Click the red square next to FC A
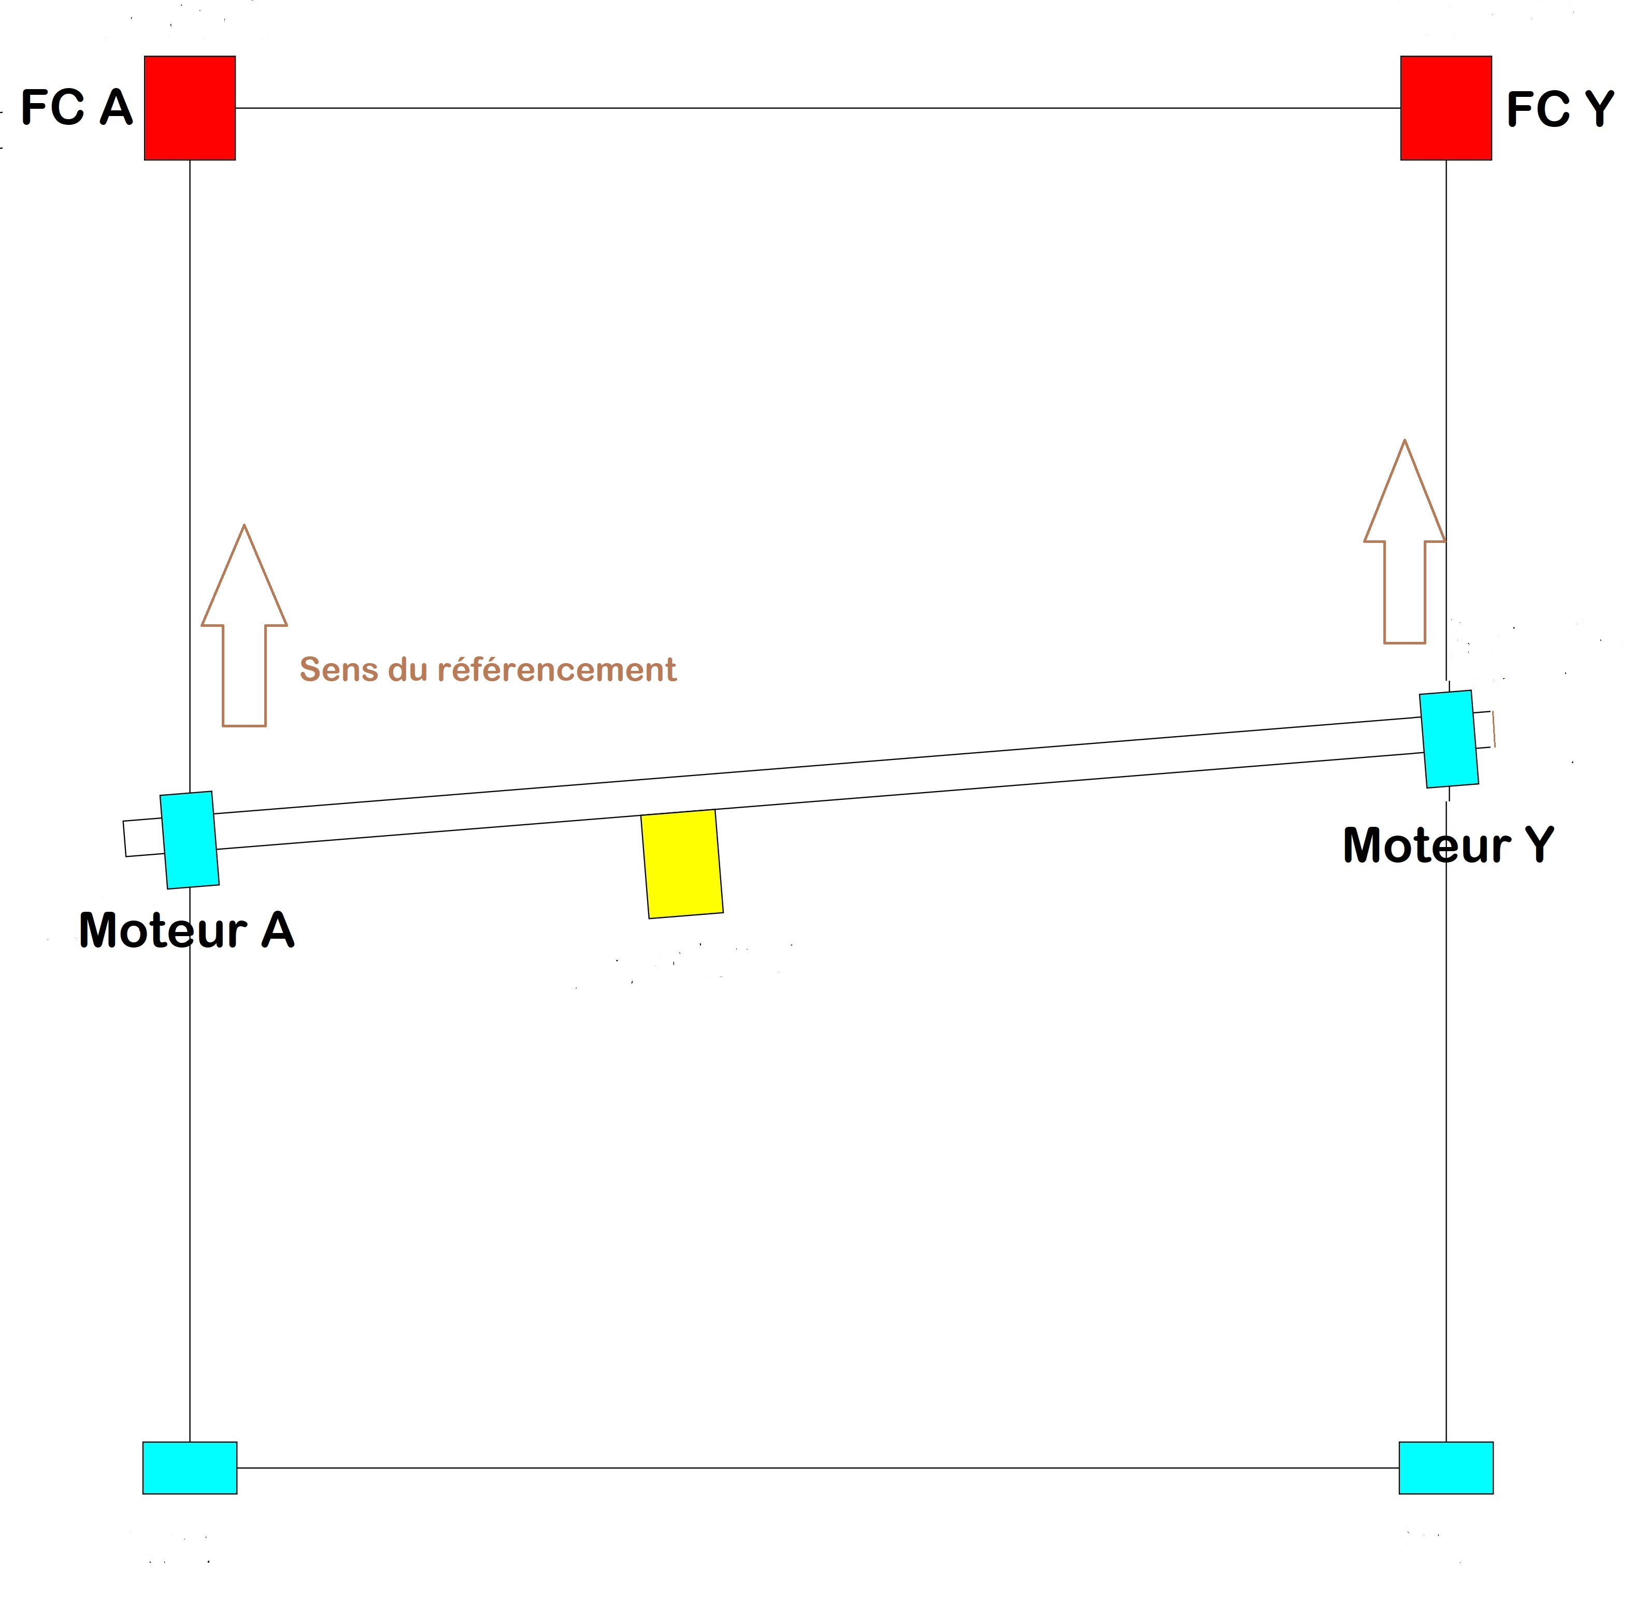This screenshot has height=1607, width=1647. [x=190, y=108]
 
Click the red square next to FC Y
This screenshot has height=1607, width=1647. [x=1446, y=108]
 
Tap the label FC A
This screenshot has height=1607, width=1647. [x=77, y=108]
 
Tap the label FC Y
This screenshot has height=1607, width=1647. [x=1560, y=110]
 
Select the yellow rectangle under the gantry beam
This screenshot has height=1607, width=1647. [x=682, y=864]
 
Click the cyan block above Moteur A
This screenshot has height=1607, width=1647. [x=190, y=840]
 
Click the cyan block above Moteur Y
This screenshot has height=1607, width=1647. [x=1449, y=739]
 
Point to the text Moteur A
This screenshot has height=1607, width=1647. [x=187, y=930]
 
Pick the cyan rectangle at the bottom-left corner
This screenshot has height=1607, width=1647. [x=190, y=1468]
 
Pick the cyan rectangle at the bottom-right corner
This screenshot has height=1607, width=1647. [x=1446, y=1468]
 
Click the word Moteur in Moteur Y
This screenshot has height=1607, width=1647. [x=1427, y=845]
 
